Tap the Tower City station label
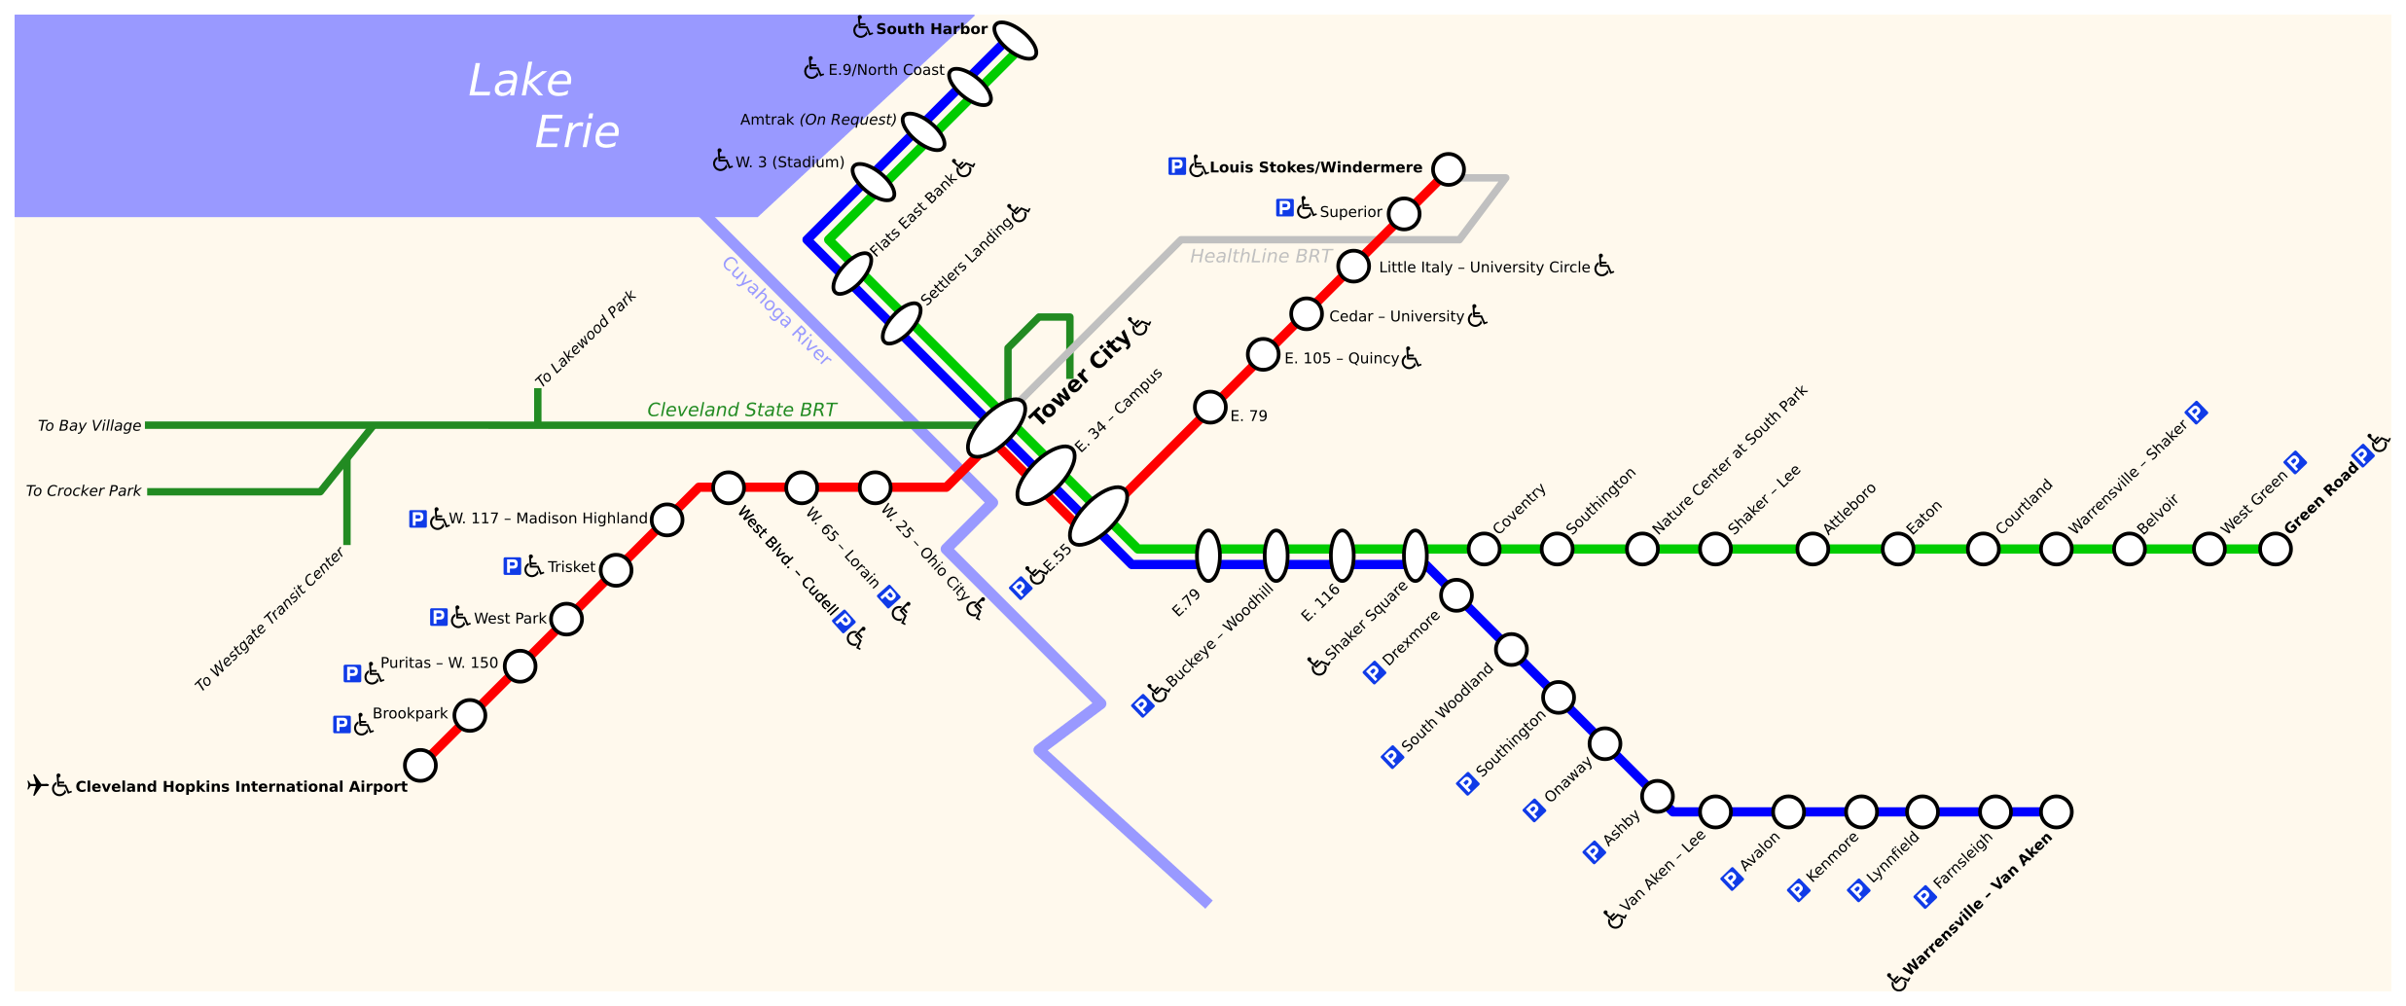[x=1080, y=377]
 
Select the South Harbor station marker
[x=1015, y=41]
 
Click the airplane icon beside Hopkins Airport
[x=37, y=785]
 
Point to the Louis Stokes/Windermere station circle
[x=1448, y=168]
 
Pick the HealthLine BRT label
[x=1260, y=256]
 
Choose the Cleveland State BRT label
[x=741, y=410]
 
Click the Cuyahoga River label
[x=776, y=310]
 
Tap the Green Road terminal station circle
[x=2275, y=549]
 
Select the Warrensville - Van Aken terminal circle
[x=2056, y=811]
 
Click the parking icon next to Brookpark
[x=341, y=724]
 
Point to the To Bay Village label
[x=89, y=425]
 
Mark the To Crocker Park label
[x=83, y=490]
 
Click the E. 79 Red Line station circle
[x=1209, y=407]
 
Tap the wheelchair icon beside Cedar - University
[x=1477, y=315]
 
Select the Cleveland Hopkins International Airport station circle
[x=420, y=765]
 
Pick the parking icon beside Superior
[x=1284, y=207]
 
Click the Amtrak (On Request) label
[x=818, y=120]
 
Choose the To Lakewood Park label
[x=586, y=338]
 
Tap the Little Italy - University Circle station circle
[x=1353, y=266]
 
